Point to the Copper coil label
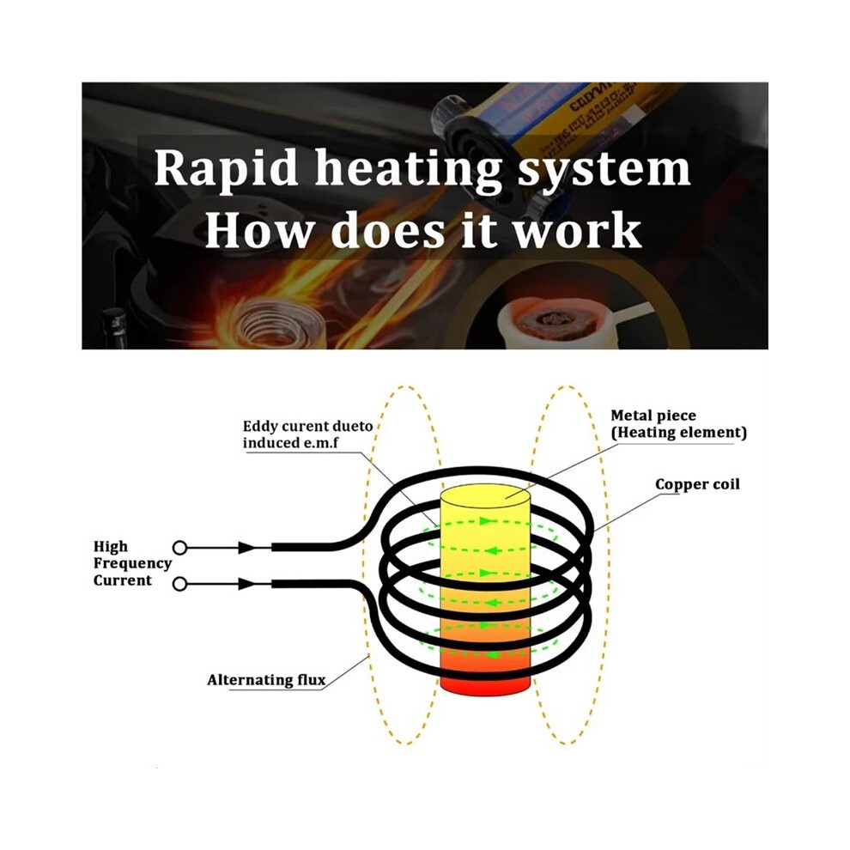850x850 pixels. click(x=697, y=484)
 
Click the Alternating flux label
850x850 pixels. click(x=266, y=680)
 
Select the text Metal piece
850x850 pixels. click(x=653, y=416)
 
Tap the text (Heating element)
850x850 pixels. click(x=678, y=433)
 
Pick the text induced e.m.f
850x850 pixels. click(x=290, y=443)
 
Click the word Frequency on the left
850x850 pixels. click(x=132, y=564)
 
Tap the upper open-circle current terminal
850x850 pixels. click(x=179, y=548)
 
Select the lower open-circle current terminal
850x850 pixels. click(x=179, y=584)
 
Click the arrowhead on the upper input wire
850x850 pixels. click(x=246, y=548)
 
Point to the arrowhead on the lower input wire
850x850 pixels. click(x=246, y=584)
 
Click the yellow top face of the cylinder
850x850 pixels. click(x=484, y=496)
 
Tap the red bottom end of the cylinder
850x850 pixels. click(x=484, y=685)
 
